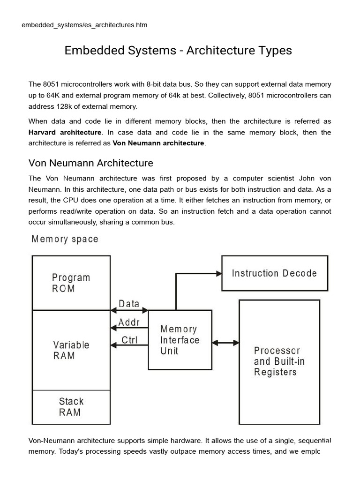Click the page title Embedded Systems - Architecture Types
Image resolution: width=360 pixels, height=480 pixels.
(x=178, y=51)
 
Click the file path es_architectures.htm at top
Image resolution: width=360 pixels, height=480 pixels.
(x=84, y=25)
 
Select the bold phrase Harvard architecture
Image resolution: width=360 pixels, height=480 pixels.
(x=65, y=133)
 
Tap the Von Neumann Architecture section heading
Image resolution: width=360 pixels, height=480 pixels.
(x=91, y=163)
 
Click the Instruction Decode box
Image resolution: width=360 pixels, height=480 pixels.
(x=274, y=273)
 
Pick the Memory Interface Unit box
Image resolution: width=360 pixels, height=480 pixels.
(x=180, y=340)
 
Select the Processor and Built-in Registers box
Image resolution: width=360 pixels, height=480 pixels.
(x=279, y=361)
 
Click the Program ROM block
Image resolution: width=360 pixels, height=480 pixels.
(x=71, y=283)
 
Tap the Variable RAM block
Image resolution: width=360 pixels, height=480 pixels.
(x=71, y=350)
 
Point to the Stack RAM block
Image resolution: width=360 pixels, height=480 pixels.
(x=71, y=407)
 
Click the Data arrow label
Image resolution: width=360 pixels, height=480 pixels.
(x=129, y=304)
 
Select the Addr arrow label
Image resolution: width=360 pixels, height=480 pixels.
(x=129, y=322)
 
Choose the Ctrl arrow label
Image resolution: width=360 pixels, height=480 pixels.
(x=129, y=340)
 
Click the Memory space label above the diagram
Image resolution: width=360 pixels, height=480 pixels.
(x=65, y=239)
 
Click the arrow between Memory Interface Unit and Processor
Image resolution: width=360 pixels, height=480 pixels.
(x=225, y=343)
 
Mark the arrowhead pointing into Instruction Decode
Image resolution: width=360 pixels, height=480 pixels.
(x=218, y=273)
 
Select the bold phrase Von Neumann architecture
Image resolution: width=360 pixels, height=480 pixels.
(x=158, y=143)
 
